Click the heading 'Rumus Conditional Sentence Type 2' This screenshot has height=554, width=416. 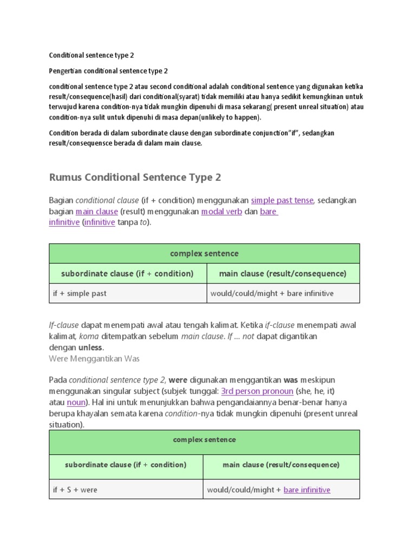(x=135, y=177)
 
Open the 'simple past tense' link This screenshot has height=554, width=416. (x=282, y=200)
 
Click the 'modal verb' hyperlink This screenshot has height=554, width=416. (x=222, y=212)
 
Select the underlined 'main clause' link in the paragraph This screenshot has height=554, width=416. (x=96, y=212)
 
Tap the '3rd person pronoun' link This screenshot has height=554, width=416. (x=257, y=391)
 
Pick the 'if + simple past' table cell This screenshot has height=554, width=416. (x=80, y=293)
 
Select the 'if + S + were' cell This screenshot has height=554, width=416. (x=75, y=490)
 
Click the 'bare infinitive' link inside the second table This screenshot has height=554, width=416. (x=307, y=490)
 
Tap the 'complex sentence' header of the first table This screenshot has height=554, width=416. (x=204, y=253)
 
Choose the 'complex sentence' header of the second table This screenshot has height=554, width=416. (x=204, y=440)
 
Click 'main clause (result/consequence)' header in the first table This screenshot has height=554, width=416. (x=283, y=273)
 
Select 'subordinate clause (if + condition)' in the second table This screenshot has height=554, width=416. (x=126, y=465)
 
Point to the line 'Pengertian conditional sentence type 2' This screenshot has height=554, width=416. (x=108, y=71)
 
